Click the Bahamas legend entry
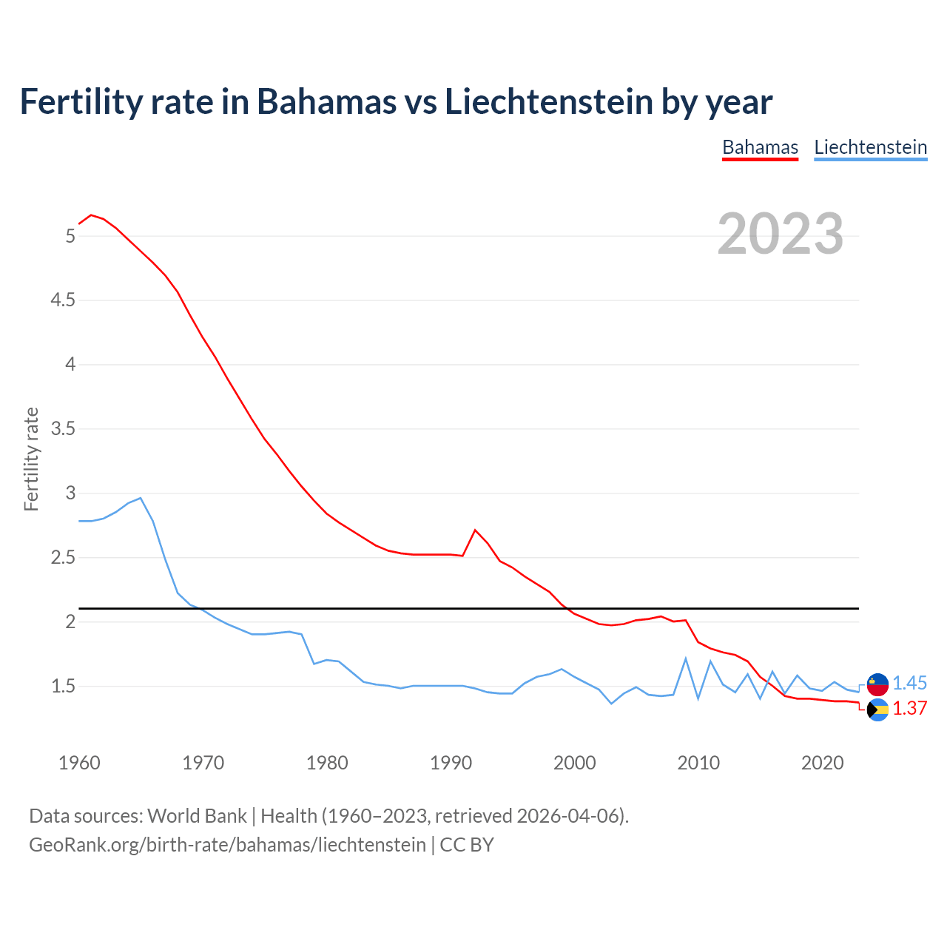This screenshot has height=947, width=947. (760, 147)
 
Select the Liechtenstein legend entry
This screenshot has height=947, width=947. (870, 147)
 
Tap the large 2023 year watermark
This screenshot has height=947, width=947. (781, 234)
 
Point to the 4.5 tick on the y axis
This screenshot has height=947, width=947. (63, 300)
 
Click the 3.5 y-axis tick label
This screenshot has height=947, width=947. (63, 429)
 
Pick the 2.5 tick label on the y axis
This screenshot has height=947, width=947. (63, 558)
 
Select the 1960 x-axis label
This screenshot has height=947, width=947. (79, 763)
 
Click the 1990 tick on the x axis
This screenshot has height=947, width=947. (451, 763)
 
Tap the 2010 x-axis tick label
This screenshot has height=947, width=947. (698, 763)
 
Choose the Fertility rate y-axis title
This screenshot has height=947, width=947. (31, 459)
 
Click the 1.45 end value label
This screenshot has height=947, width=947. (909, 683)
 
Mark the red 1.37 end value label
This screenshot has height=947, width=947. (909, 708)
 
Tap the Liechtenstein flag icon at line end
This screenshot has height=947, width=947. (877, 684)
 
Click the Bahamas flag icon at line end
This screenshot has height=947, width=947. (877, 710)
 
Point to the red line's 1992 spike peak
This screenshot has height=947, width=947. (475, 530)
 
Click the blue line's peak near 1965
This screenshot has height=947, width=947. (141, 498)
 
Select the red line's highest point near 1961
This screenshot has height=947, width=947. (91, 215)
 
